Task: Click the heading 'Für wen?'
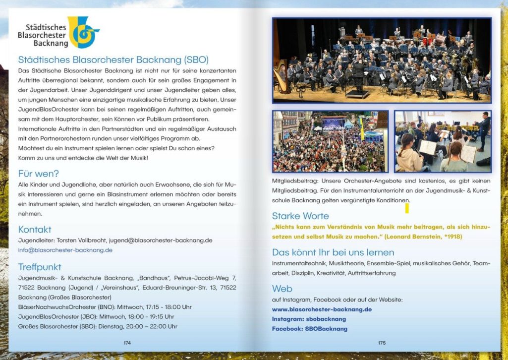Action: [x=38, y=174]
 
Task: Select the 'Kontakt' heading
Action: [x=35, y=230]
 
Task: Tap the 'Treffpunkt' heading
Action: [x=39, y=267]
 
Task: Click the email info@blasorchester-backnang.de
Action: [x=65, y=250]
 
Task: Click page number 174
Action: [x=127, y=343]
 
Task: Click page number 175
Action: [x=382, y=343]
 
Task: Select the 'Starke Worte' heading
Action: [x=300, y=216]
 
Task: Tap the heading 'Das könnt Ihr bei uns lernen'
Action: [x=333, y=252]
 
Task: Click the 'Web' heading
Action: [x=282, y=289]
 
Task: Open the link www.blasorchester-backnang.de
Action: [x=322, y=309]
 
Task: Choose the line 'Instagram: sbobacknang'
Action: [x=309, y=319]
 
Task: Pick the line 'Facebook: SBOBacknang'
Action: [x=309, y=329]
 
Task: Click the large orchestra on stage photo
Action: [x=382, y=60]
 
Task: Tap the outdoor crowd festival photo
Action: [x=330, y=141]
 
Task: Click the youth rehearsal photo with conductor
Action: [x=443, y=141]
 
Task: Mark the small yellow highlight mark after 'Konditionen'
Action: [x=407, y=208]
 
